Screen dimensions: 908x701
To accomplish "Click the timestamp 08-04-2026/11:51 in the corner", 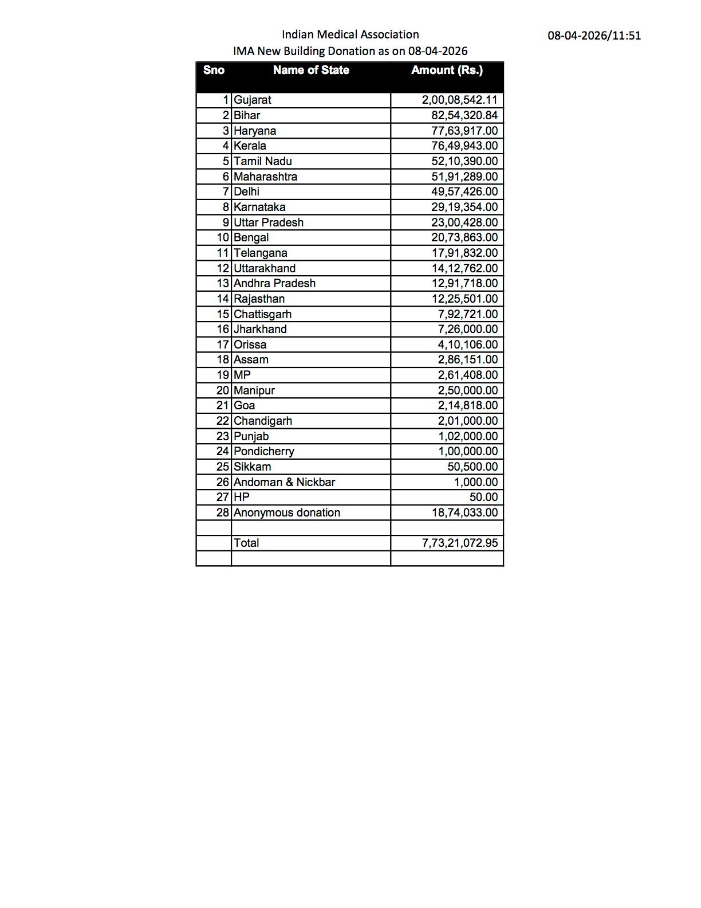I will click(594, 36).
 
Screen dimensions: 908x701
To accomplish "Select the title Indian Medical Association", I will click(350, 34).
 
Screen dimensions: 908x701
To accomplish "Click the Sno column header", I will click(214, 71).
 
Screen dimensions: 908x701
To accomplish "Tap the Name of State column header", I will click(311, 71).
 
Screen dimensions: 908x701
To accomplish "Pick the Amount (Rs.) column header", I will click(447, 71).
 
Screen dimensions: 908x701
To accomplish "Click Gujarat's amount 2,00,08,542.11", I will click(460, 100).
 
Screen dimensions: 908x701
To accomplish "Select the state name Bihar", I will click(247, 115).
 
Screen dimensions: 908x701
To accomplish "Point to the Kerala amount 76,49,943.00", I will click(464, 146).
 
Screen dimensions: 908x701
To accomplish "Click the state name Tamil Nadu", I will click(263, 161).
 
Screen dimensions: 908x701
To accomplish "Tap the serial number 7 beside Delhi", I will click(226, 191).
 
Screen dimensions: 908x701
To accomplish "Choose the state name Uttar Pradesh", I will click(269, 222).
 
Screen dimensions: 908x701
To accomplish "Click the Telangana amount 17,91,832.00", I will click(464, 253).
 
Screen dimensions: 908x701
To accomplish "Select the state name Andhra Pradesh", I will click(274, 283).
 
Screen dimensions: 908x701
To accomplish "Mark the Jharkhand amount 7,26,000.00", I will click(468, 329).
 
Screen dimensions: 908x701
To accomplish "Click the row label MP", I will click(242, 375).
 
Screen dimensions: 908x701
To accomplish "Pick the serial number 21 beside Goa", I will click(223, 405).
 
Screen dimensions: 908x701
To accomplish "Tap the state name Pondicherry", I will click(264, 451).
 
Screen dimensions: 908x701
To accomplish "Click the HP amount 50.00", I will click(483, 497).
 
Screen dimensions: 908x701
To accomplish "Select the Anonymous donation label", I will click(287, 512).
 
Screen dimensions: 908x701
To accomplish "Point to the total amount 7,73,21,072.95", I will click(460, 543).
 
